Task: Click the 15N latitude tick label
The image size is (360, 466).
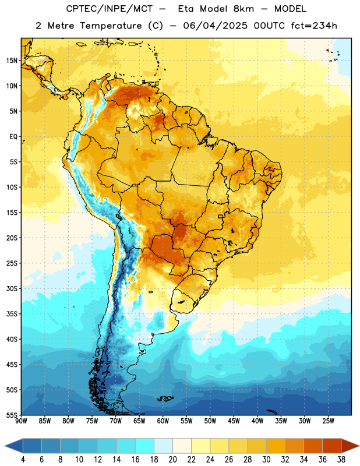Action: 12,61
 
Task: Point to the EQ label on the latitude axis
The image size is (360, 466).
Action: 13,137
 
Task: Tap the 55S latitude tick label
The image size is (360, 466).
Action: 12,415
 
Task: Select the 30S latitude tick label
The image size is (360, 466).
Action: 12,288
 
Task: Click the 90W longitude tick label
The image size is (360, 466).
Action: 21,421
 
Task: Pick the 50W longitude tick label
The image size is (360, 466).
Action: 210,421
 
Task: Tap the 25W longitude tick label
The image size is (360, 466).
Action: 328,421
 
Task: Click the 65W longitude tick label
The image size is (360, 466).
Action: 139,421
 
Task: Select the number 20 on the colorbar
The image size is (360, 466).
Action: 172,460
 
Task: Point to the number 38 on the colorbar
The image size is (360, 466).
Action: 341,460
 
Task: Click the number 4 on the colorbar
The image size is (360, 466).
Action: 23,460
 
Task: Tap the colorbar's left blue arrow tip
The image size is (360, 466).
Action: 5,446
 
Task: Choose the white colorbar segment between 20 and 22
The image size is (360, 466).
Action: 182,446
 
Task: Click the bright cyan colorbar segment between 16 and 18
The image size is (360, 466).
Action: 144,446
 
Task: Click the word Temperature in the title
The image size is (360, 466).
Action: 111,26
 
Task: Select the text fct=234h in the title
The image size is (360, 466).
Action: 314,26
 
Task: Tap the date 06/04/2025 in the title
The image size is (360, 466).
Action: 215,26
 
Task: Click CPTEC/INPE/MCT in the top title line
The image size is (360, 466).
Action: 109,9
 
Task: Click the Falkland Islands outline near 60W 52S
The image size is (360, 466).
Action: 165,398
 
